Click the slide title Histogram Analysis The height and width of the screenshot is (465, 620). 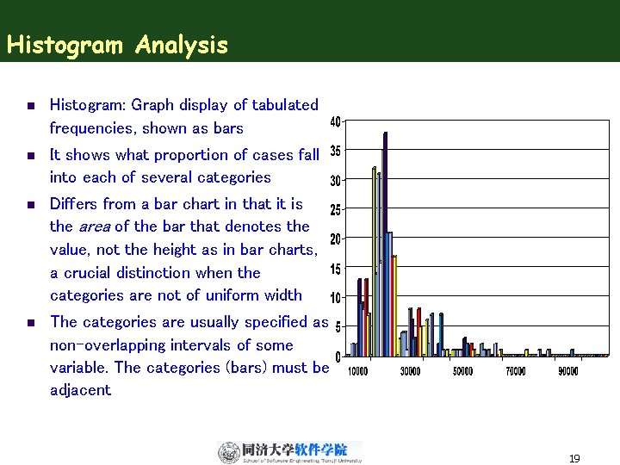tap(117, 45)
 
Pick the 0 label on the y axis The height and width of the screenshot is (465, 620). tap(337, 356)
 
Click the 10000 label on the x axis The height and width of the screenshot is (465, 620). tap(357, 372)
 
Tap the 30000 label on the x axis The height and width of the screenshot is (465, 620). tap(410, 372)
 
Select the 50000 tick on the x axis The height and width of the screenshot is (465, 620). tap(462, 372)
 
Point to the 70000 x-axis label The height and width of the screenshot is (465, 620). tap(515, 372)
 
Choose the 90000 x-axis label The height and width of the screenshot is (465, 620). tap(567, 372)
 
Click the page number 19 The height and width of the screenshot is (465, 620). tap(574, 459)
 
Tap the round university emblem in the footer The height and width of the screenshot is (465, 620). tap(228, 452)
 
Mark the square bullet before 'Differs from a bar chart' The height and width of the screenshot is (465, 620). tap(29, 205)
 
